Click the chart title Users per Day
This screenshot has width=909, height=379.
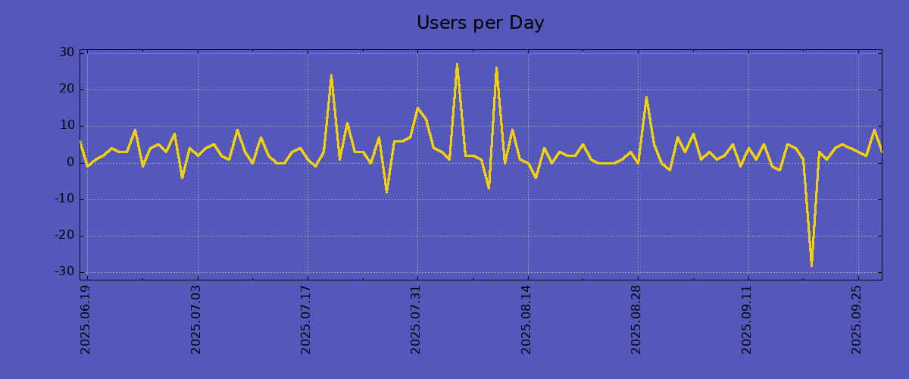click(x=480, y=23)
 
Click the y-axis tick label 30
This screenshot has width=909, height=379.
click(x=67, y=53)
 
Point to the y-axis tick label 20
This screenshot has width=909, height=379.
click(x=67, y=89)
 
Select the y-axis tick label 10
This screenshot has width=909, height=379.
click(x=67, y=126)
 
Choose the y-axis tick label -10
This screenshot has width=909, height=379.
click(x=64, y=199)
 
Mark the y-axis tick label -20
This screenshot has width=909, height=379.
click(x=64, y=236)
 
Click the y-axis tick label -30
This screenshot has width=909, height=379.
click(x=64, y=272)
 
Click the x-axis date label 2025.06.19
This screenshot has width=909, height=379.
click(x=86, y=319)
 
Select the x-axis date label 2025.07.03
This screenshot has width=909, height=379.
click(x=197, y=319)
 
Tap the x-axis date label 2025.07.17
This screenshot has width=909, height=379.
click(x=307, y=319)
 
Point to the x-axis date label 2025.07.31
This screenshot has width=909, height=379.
click(x=417, y=319)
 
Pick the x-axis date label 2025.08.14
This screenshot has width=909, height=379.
click(x=526, y=319)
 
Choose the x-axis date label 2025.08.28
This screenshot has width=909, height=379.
click(x=636, y=319)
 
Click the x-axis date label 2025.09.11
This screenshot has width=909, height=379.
click(x=748, y=319)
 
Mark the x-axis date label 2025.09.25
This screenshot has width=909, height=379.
click(x=857, y=319)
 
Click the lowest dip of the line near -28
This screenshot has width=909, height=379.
click(x=811, y=265)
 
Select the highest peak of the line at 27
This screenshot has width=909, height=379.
click(x=457, y=64)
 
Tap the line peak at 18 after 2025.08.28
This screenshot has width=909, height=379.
click(x=646, y=98)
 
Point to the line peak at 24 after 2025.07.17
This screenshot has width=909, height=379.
click(x=331, y=76)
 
